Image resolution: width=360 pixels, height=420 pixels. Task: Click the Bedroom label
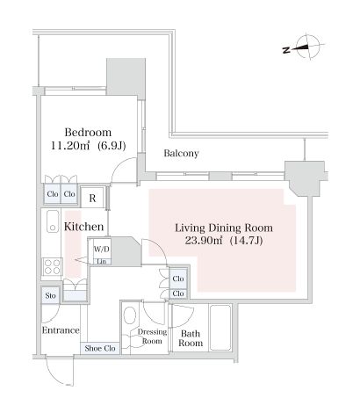pos(88,133)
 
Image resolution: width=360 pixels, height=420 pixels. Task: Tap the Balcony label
pos(181,153)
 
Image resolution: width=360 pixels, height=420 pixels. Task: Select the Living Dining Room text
pos(224,228)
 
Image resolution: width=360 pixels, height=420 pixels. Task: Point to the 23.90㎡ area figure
pos(204,241)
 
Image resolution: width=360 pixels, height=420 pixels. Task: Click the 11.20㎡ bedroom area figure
pos(70,146)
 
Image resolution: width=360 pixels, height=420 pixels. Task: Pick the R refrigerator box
pos(92,198)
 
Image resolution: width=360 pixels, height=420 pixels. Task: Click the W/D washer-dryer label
pos(102,250)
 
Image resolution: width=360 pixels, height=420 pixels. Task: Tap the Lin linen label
pos(102,262)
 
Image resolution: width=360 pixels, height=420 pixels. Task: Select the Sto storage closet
pos(50,295)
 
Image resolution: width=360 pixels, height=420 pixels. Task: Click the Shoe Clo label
pos(100,349)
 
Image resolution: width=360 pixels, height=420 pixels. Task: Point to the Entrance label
pos(61,330)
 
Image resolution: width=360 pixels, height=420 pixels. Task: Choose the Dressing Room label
pos(152,337)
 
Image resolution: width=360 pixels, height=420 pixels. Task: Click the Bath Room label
pos(191,338)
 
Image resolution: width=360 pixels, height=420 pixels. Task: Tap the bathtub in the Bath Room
pos(220,328)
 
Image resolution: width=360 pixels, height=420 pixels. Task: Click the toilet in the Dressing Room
pos(130,315)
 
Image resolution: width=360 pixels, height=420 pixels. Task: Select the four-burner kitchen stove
pos(53,266)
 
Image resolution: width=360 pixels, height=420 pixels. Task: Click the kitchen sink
pos(53,221)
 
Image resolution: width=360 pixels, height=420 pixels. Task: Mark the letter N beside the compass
pos(286,50)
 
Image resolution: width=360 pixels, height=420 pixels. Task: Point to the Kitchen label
pos(83,227)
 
